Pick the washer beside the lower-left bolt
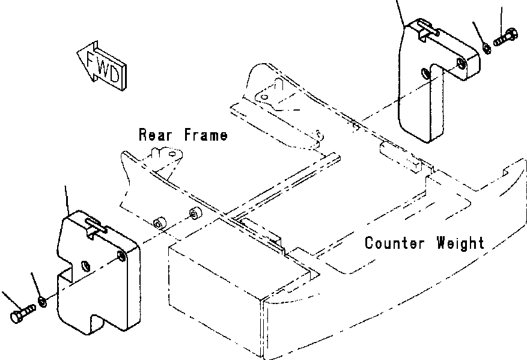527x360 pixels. (41, 300)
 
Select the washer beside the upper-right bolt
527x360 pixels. (486, 47)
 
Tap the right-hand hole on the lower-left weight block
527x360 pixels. (122, 257)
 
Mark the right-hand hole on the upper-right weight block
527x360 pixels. (460, 64)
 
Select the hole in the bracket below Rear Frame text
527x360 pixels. (175, 154)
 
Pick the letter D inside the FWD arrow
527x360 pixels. (117, 74)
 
